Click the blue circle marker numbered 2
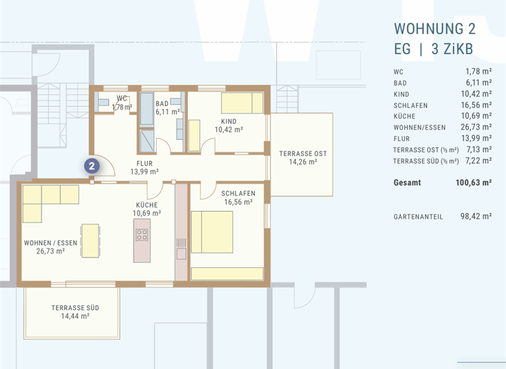(93, 165)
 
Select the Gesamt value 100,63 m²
(474, 183)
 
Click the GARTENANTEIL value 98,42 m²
(476, 216)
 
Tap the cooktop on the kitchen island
(142, 234)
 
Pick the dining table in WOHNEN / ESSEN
(90, 240)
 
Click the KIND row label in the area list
(402, 94)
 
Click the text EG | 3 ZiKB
(433, 49)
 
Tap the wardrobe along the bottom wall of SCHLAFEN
(227, 273)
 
